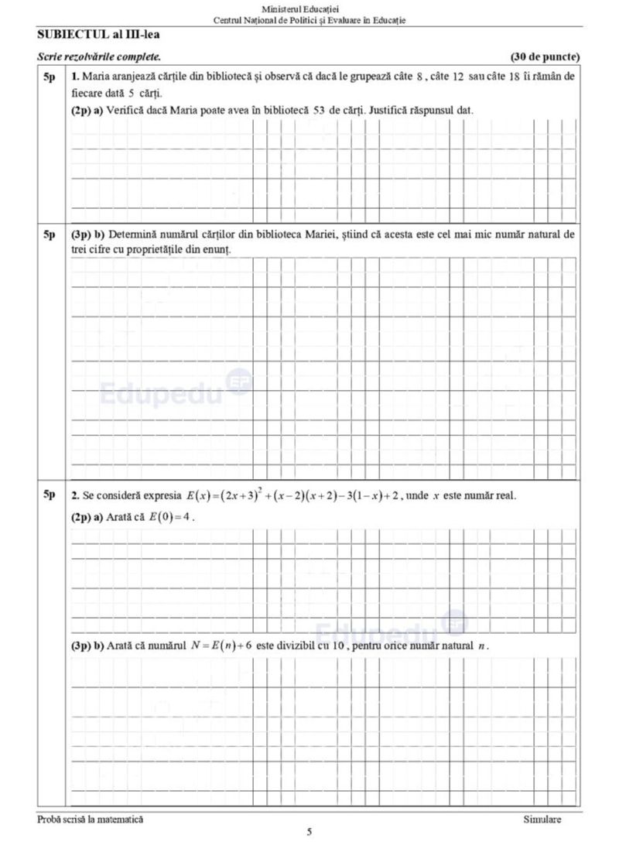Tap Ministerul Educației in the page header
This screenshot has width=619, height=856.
point(309,8)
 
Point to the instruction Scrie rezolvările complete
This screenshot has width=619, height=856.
point(100,57)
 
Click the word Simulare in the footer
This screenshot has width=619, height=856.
point(542,819)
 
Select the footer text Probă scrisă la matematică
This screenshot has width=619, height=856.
point(90,819)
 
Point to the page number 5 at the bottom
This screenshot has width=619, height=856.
point(309,833)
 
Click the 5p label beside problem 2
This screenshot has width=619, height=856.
point(50,495)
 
